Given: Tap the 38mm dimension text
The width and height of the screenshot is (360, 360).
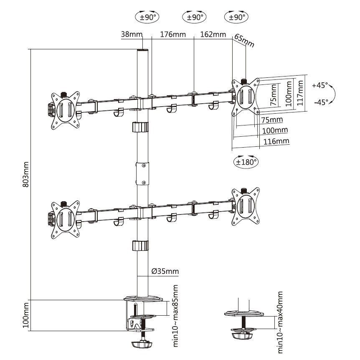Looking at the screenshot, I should point(132,34).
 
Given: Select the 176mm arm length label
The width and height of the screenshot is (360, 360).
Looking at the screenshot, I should point(173,34).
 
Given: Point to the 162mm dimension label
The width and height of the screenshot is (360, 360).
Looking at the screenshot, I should point(213,34).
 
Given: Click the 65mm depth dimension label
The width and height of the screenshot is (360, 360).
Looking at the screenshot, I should point(244,41).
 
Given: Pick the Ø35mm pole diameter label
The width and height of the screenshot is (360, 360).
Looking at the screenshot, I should point(165,272).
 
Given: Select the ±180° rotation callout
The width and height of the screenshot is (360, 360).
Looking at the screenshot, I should point(246,161).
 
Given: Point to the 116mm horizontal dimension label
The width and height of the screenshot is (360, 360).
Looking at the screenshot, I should point(276,141).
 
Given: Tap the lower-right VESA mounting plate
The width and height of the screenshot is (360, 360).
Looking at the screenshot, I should point(246,206).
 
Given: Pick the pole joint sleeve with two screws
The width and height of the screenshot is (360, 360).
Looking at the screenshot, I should point(143,173).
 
